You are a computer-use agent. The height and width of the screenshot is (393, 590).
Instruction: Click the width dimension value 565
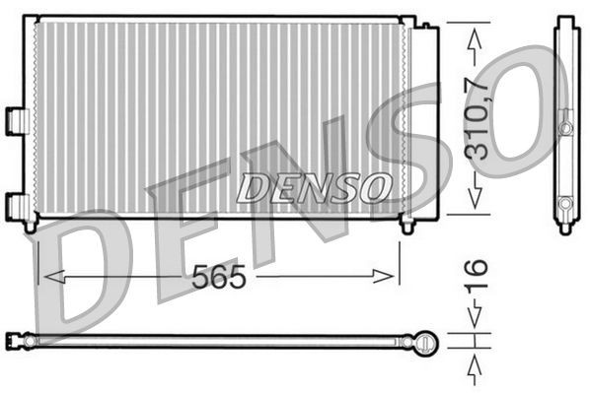click(x=218, y=279)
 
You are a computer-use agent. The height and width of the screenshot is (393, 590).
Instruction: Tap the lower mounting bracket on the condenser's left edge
click(x=16, y=206)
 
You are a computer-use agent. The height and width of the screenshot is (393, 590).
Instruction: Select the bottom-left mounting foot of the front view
click(x=31, y=226)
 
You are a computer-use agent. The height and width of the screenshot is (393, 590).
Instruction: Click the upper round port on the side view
click(x=565, y=128)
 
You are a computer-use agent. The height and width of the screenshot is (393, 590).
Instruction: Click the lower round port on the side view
click(x=565, y=204)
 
